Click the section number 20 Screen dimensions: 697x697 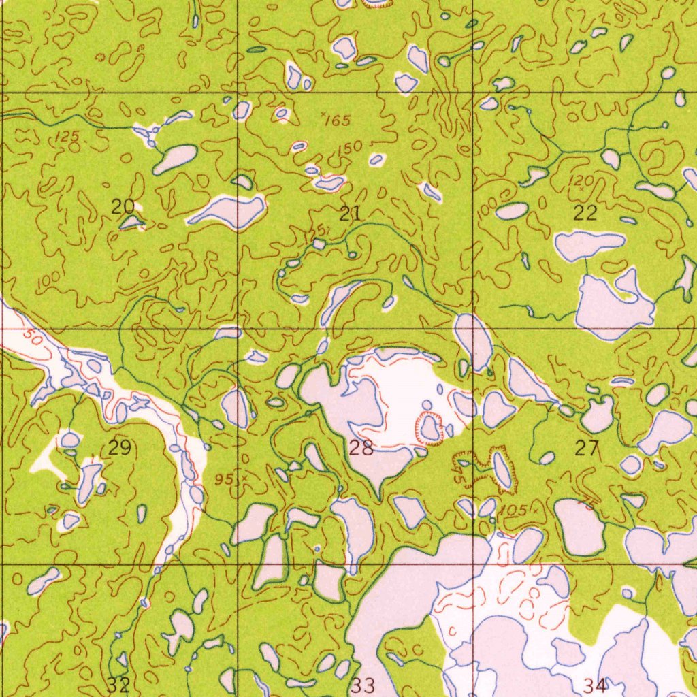[123, 206]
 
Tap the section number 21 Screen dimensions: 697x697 [350, 214]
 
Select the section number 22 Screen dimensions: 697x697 [585, 213]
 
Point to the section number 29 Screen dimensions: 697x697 [120, 448]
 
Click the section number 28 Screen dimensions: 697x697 [361, 448]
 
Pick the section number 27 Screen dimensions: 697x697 [586, 447]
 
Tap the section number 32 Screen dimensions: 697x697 [118, 683]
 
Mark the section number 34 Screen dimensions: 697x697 [595, 684]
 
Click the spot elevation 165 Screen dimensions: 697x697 [337, 121]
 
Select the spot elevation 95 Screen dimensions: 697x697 [224, 479]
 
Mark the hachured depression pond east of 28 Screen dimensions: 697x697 [429, 427]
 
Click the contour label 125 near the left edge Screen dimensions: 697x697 [67, 137]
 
